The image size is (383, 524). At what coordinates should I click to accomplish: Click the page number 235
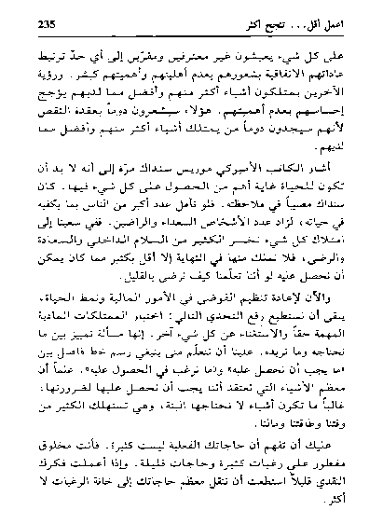[45, 21]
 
